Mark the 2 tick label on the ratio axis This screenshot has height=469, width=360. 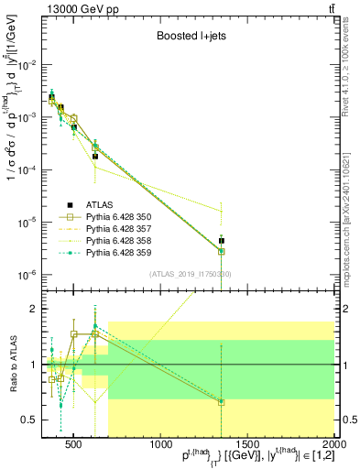click(34, 309)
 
